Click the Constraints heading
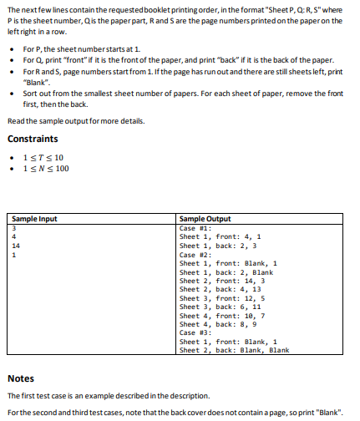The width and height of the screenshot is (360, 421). (33, 138)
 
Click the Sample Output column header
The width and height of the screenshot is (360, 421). (205, 218)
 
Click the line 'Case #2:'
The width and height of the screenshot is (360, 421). (196, 254)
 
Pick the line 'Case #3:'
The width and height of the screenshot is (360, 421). (196, 332)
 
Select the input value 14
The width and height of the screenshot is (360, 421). (16, 245)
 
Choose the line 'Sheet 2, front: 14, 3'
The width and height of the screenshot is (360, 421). (222, 280)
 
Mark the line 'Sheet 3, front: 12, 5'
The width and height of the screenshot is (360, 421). (222, 297)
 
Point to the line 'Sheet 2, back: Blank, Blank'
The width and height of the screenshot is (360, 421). (234, 350)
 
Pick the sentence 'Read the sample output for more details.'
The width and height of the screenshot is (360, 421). (75, 121)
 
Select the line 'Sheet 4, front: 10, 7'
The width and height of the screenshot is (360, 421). (222, 315)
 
